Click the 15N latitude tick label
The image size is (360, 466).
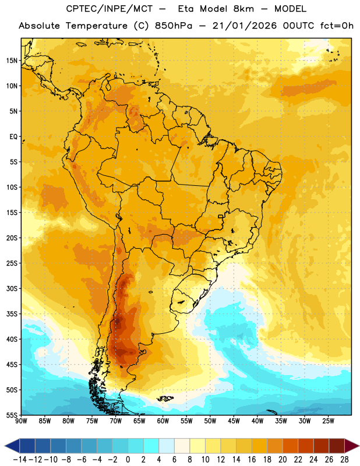tap(12, 61)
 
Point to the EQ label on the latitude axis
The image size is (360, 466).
tap(13, 137)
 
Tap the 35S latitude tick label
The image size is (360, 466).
tap(12, 314)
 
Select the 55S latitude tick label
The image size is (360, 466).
tap(12, 415)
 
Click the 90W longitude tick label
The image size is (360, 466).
tap(21, 421)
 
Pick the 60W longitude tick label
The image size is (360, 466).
tap(163, 421)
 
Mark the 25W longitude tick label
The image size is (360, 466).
tap(328, 421)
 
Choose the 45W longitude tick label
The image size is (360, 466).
tap(234, 421)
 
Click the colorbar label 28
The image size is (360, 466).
tap(344, 460)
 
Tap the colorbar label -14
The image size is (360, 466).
tap(20, 460)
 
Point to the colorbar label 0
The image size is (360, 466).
tap(128, 460)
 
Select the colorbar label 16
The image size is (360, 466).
tap(252, 460)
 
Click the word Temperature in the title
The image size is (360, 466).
tap(97, 26)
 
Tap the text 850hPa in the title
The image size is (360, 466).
tap(174, 26)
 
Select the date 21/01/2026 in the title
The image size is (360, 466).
tap(244, 26)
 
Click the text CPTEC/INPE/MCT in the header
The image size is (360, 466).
tap(109, 9)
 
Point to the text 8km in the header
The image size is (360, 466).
tap(243, 9)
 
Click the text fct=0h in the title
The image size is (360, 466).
tap(337, 26)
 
